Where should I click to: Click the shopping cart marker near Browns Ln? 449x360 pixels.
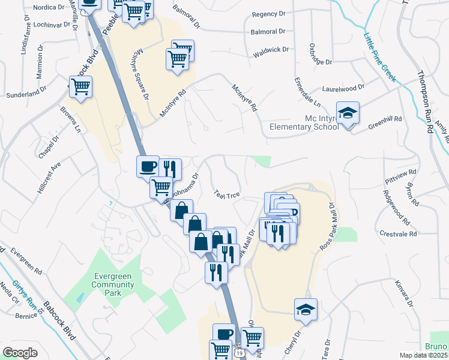(80, 86)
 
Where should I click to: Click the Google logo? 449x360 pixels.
(20, 353)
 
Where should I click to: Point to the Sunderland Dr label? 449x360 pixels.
(26, 92)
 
